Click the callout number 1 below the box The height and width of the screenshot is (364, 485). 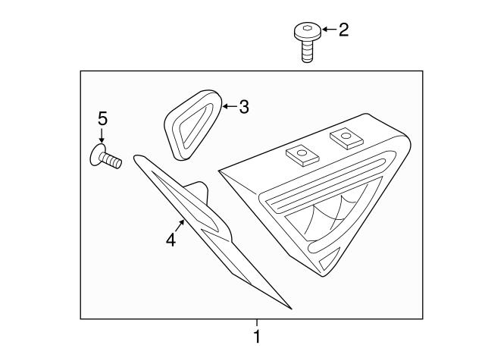click(x=257, y=337)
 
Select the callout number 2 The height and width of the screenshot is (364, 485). click(x=343, y=30)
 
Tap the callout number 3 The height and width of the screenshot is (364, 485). click(x=244, y=107)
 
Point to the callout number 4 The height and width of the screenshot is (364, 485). click(x=171, y=240)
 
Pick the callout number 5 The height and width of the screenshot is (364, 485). click(x=102, y=118)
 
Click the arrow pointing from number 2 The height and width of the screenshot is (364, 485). click(x=329, y=30)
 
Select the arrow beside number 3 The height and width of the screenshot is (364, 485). click(x=230, y=106)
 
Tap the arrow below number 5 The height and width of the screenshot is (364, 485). click(x=102, y=135)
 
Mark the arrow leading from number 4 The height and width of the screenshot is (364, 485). click(x=180, y=225)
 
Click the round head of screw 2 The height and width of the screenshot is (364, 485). click(x=307, y=32)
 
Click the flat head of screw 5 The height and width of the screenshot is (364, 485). click(x=96, y=155)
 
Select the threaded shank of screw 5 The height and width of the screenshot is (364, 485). click(x=112, y=161)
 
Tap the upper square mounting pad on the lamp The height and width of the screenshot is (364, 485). click(x=346, y=137)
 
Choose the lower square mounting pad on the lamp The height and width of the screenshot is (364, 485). click(x=302, y=155)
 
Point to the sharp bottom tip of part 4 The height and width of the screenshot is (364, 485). click(x=291, y=309)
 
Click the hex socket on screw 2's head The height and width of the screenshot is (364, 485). click(x=307, y=28)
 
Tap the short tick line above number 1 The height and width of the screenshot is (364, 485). click(x=257, y=323)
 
